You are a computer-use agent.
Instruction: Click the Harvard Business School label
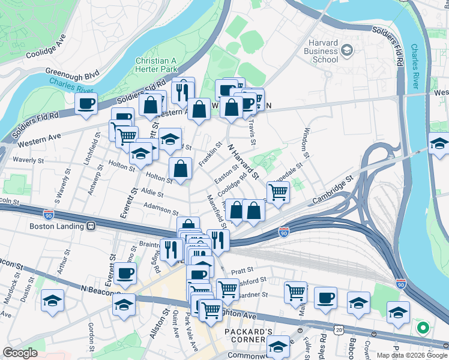point(322,51)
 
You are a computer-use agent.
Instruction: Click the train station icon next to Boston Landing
point(91,227)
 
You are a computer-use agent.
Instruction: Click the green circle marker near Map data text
point(423,328)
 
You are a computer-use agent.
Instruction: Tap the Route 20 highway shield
point(340,330)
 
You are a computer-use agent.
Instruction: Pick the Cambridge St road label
point(334,189)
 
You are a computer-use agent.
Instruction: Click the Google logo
point(19,353)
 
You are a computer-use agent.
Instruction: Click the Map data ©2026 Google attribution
point(411,355)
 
